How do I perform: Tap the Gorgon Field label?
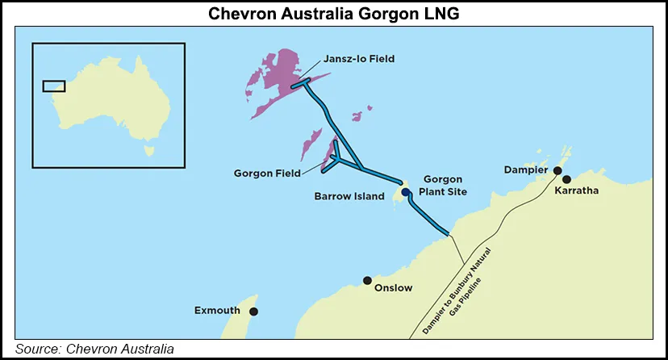coord(266,173)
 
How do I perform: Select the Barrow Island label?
coord(349,196)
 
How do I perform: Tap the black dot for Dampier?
coord(557,170)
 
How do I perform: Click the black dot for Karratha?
coord(566,179)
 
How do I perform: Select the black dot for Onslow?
coord(367,280)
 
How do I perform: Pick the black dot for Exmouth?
coord(253,311)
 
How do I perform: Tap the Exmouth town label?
coord(219,311)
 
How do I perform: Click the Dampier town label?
coord(525,170)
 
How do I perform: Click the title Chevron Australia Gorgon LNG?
coord(333,14)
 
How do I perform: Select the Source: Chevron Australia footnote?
coord(94,349)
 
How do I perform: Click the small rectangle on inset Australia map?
coord(53,86)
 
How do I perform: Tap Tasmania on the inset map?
coord(148,149)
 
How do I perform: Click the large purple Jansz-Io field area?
coord(278,77)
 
